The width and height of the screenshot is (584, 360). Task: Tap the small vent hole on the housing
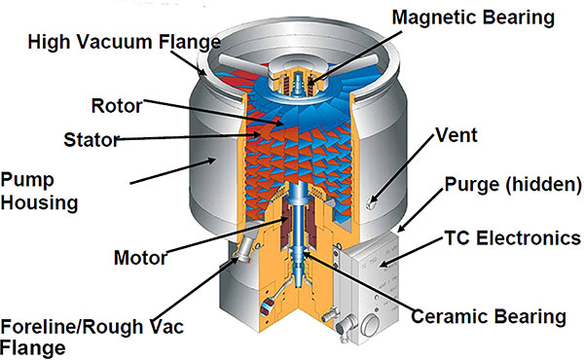point(373,202)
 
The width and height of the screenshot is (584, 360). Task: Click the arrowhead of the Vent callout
point(378,199)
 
